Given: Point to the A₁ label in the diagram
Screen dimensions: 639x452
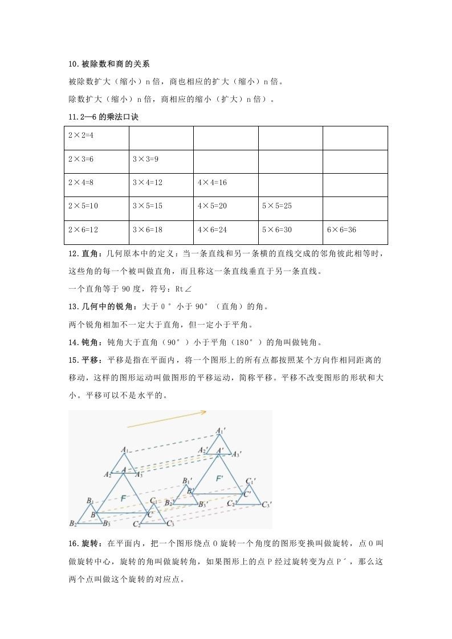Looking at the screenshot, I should [125, 450].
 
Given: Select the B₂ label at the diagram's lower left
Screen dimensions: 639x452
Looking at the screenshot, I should [73, 523].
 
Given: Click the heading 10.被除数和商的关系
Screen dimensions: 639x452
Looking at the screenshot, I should [108, 64].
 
